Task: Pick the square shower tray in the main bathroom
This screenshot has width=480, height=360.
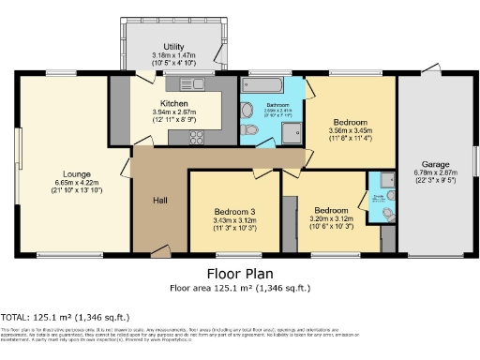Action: tap(292, 130)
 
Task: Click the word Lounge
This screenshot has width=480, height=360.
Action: tap(77, 173)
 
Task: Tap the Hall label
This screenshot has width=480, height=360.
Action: tap(160, 199)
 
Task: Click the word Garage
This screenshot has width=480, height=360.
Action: tap(437, 163)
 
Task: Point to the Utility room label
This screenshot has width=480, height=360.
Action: tap(172, 46)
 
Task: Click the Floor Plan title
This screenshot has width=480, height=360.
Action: tap(238, 274)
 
